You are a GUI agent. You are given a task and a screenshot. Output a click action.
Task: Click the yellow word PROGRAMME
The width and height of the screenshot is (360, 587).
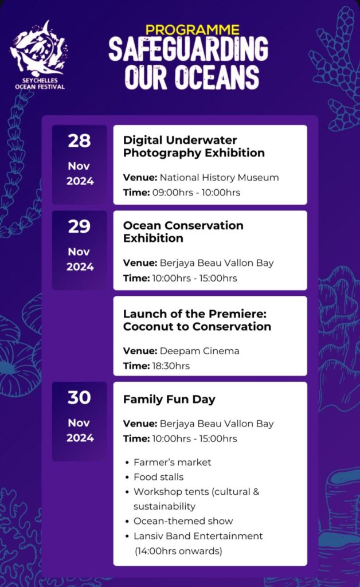point(193,30)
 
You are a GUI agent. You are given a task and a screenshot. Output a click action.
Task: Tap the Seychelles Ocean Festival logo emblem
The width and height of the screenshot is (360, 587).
point(38,49)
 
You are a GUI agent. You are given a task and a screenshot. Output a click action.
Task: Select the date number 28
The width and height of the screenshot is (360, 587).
point(79,141)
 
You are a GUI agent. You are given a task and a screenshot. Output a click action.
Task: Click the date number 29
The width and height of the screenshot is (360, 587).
point(79,226)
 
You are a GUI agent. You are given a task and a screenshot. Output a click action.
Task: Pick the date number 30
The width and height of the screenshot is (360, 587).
point(79,398)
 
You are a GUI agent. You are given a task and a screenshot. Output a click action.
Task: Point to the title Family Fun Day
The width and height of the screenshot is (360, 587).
point(169,400)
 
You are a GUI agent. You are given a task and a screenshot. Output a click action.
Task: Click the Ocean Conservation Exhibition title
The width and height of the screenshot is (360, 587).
point(183,232)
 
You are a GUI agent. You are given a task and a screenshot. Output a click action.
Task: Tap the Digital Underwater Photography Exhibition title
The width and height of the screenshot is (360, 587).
point(194,146)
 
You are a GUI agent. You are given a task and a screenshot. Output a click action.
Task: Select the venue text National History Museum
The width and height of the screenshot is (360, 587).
point(220,178)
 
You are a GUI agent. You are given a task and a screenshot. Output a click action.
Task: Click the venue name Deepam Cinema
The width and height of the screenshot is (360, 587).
point(199,351)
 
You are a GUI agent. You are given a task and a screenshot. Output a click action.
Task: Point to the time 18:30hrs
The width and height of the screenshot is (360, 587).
point(171,366)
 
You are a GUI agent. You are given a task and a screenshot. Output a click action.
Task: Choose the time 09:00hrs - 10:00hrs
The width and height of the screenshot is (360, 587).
point(196,193)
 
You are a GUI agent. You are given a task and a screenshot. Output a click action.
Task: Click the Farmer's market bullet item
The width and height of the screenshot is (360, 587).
point(172,463)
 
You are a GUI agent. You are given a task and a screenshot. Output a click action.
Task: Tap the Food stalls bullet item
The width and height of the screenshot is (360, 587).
point(159,477)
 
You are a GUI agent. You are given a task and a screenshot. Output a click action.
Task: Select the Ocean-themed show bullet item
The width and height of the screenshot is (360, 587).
point(183,521)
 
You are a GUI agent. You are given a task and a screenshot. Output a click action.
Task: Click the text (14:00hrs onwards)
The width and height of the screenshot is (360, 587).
point(178,551)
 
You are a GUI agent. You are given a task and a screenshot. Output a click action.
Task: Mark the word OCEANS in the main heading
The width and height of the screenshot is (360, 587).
point(217,77)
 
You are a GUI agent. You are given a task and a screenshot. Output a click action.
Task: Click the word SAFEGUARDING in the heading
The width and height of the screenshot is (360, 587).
point(188,49)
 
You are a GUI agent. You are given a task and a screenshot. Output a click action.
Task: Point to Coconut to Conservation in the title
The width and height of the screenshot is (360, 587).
point(197,326)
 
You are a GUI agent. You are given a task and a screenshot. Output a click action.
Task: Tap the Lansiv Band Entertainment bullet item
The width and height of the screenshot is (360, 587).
point(198,536)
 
